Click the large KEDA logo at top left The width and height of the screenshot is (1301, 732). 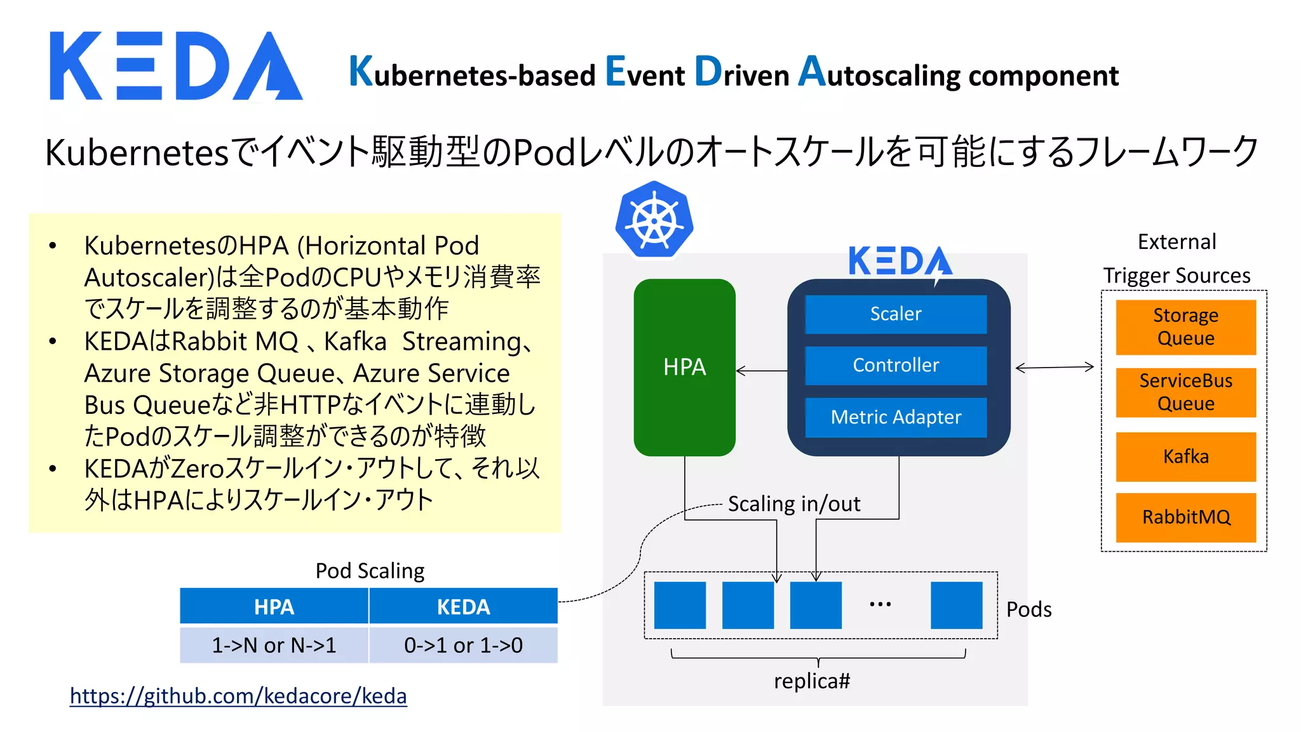tap(176, 66)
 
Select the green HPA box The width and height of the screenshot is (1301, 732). tap(684, 367)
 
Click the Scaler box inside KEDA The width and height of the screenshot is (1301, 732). tap(896, 314)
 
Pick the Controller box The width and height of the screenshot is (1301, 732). tap(896, 365)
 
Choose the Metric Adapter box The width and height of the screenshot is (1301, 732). tap(896, 417)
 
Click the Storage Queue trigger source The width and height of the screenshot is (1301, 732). tap(1185, 327)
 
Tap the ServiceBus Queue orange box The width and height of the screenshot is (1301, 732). tap(1185, 392)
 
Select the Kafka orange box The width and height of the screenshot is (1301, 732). tap(1185, 456)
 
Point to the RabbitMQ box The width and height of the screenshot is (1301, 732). tap(1185, 517)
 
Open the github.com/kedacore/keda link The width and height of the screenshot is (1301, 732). tap(238, 696)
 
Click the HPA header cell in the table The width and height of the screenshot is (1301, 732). tap(274, 607)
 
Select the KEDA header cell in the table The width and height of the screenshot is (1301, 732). tap(463, 607)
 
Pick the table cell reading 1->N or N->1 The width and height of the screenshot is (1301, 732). tap(274, 645)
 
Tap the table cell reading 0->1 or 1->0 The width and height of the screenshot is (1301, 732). tap(463, 645)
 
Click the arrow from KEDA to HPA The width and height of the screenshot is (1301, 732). tap(762, 371)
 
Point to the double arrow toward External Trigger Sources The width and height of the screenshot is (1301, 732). tap(1055, 368)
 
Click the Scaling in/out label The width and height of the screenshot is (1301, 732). tap(794, 503)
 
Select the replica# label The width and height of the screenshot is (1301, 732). tap(812, 681)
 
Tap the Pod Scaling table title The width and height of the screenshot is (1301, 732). tap(370, 571)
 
